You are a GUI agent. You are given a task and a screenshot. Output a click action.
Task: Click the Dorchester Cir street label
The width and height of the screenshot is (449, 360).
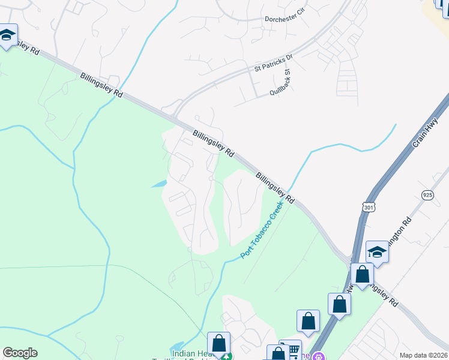point(285,19)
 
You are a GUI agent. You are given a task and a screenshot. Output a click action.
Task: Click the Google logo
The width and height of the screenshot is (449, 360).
point(20,353)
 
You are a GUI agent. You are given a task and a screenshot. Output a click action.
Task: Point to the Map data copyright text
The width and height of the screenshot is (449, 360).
point(424,355)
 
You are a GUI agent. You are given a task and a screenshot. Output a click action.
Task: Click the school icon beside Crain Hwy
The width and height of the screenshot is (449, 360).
point(377,252)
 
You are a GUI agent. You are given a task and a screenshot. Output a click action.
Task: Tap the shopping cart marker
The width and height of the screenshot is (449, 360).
point(292,349)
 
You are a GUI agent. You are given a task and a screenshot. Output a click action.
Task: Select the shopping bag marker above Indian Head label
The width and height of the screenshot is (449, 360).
point(218,344)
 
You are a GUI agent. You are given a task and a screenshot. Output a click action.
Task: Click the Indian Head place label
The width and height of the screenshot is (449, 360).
point(189,354)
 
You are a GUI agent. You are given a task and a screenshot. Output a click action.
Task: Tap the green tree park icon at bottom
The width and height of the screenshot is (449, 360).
point(226,358)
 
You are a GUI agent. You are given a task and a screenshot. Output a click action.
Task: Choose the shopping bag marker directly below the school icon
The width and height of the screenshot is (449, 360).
point(362,275)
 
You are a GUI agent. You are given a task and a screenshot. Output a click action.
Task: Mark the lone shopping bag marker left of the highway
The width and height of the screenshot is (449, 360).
point(309,321)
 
